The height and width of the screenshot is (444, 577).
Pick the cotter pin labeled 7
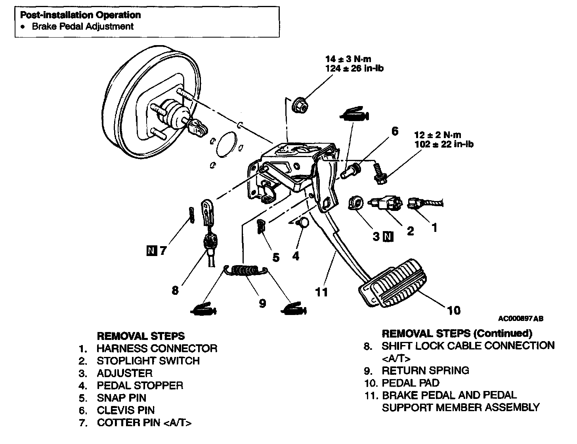pyautogui.click(x=192, y=214)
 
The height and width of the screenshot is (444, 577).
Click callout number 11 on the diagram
pyautogui.click(x=321, y=292)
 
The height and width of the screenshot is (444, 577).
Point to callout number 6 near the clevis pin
pyautogui.click(x=394, y=131)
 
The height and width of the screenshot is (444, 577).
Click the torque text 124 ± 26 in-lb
pyautogui.click(x=354, y=68)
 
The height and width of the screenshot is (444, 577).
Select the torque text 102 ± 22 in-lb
pyautogui.click(x=443, y=144)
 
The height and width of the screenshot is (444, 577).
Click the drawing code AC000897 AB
pyautogui.click(x=520, y=319)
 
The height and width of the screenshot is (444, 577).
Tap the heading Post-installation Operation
pyautogui.click(x=80, y=15)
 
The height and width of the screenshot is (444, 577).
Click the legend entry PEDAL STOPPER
pyautogui.click(x=139, y=385)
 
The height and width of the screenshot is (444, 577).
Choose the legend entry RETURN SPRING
pyautogui.click(x=425, y=370)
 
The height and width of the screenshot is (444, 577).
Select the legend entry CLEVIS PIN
pyautogui.click(x=126, y=410)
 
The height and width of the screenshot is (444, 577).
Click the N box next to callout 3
pyautogui.click(x=389, y=237)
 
